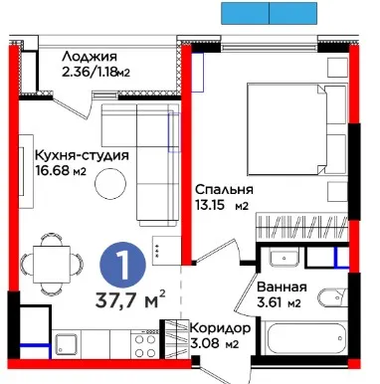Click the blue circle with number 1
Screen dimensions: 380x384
(123, 265)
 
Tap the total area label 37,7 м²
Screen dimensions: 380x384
(130, 299)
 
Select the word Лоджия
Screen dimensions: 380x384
(90, 57)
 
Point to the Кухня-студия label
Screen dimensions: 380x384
(82, 155)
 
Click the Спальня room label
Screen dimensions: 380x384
(224, 190)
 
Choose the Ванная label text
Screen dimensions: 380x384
(282, 287)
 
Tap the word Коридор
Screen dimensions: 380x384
(220, 328)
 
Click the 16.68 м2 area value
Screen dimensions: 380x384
(61, 171)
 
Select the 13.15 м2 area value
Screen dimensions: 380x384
(222, 206)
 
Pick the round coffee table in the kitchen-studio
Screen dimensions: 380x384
(110, 183)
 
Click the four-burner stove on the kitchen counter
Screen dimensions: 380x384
(145, 344)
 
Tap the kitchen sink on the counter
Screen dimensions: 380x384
(67, 344)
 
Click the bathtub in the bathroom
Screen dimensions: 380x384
(305, 338)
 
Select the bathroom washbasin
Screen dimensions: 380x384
(284, 258)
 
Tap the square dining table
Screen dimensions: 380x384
(52, 265)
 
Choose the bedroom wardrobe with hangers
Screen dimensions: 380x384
(302, 226)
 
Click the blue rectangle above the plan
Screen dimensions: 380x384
(270, 13)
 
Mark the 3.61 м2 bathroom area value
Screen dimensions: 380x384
(279, 302)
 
